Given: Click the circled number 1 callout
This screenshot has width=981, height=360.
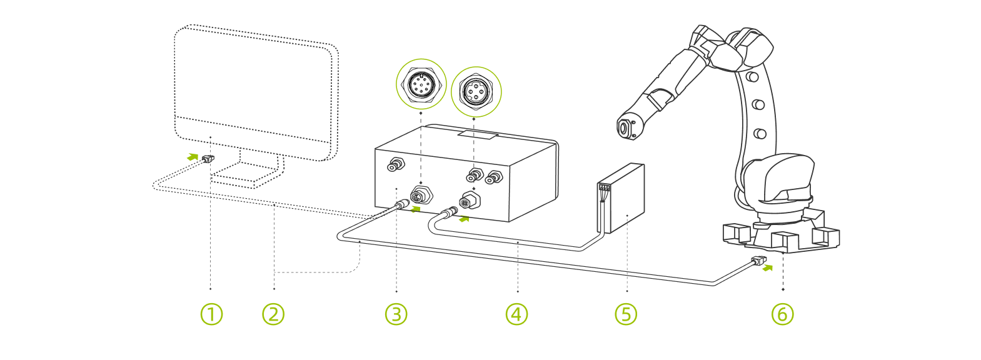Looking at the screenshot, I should tap(211, 314).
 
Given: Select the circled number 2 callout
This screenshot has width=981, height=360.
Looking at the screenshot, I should tap(273, 314).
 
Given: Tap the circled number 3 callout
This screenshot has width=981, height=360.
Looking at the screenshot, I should tap(396, 314).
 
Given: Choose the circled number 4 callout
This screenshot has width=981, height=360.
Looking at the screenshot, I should tap(516, 314).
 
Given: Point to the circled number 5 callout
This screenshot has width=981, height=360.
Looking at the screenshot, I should tap(626, 314).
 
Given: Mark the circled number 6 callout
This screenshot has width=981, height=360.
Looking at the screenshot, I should tap(783, 314).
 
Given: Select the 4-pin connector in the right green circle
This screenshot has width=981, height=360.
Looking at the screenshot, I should tap(476, 92).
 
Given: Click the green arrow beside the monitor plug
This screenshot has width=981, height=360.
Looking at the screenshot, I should tap(193, 157).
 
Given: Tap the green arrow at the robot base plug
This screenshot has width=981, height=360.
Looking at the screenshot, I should tap(768, 268).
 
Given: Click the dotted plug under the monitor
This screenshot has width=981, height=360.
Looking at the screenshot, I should tap(208, 159).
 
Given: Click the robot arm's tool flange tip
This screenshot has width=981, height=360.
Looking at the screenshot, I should tap(623, 128).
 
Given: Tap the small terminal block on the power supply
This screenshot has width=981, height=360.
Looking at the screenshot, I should tap(603, 187).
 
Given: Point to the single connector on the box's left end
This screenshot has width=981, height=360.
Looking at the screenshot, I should tap(396, 165).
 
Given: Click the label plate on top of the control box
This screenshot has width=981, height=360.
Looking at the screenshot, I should tap(476, 134).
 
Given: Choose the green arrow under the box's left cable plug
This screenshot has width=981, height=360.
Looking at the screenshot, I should tap(415, 209).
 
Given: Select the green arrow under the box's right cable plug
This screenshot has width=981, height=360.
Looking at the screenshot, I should tap(464, 219).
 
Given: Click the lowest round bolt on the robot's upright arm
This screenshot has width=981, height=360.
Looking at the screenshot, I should tap(760, 133).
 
